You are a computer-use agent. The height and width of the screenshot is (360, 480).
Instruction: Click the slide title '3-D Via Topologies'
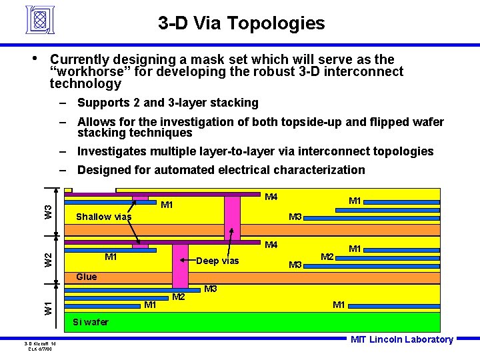(241, 24)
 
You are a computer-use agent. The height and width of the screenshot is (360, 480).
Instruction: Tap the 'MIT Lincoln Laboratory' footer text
(401, 339)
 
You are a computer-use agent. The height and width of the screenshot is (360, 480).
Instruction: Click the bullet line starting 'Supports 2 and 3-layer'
(167, 103)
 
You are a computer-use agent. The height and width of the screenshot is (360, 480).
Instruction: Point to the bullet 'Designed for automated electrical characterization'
(221, 170)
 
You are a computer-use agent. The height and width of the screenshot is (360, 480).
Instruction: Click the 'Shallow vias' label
(103, 217)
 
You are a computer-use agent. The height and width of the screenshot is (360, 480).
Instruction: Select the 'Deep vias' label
(217, 261)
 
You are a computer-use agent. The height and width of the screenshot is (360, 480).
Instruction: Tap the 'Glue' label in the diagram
(86, 277)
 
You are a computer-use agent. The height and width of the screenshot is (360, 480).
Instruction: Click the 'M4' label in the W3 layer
(271, 197)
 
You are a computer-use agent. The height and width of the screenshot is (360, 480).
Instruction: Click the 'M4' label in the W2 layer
(271, 245)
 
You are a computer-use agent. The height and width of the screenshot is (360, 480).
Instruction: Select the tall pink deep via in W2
(181, 264)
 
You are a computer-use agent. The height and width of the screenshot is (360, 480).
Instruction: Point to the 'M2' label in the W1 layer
(178, 296)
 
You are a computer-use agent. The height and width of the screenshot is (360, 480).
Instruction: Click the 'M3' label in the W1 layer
(211, 289)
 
